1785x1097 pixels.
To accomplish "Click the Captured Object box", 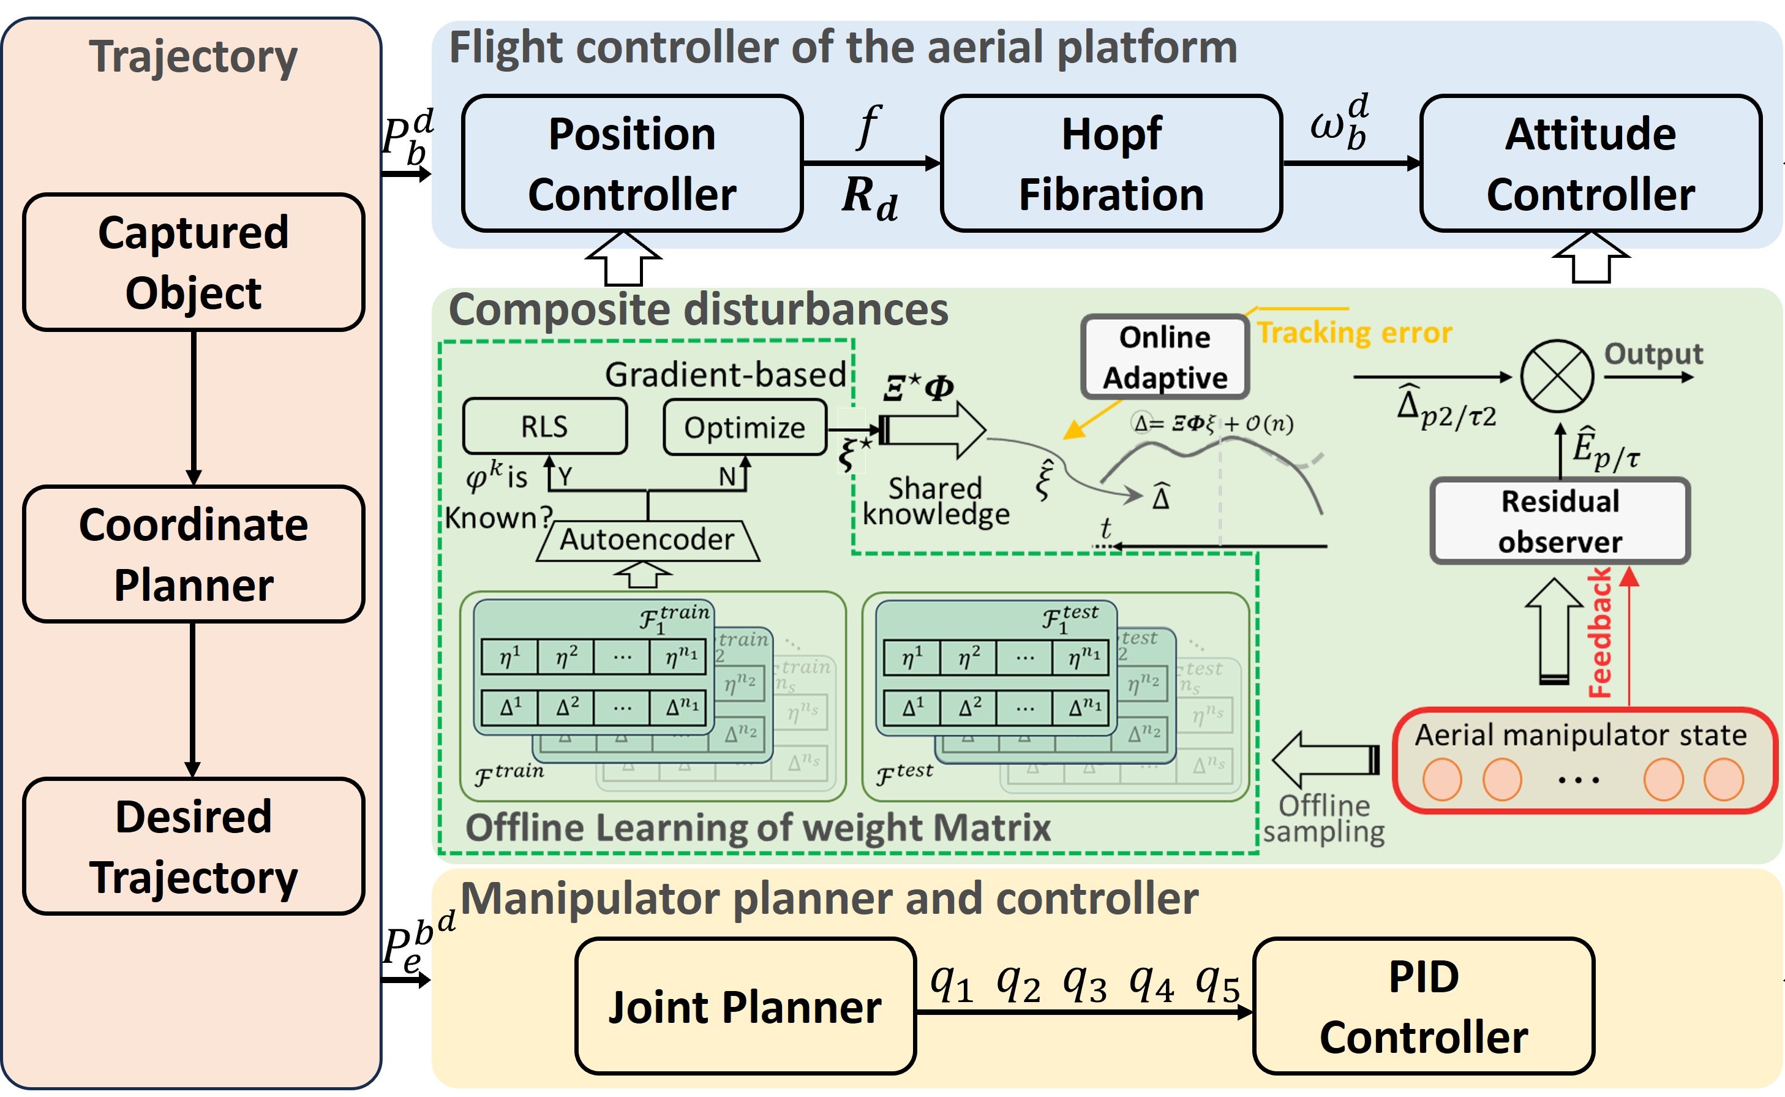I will tap(193, 262).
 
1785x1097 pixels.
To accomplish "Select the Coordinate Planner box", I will tap(193, 554).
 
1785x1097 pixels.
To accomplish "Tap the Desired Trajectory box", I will tap(193, 846).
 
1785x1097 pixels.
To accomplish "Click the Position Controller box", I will tap(632, 164).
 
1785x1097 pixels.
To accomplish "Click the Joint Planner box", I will tap(745, 1006).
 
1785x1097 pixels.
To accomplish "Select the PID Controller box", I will tap(1423, 1006).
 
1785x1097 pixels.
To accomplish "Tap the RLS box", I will tap(545, 426).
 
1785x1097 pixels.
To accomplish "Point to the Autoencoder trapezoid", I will tap(648, 540).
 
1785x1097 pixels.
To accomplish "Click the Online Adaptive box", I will tap(1164, 357).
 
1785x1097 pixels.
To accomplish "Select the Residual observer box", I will tap(1560, 521).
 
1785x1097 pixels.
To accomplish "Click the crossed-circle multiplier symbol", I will tap(1557, 376).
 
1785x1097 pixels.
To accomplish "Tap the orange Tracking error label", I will tap(1353, 333).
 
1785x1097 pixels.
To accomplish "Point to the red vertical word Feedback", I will tap(1599, 633).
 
